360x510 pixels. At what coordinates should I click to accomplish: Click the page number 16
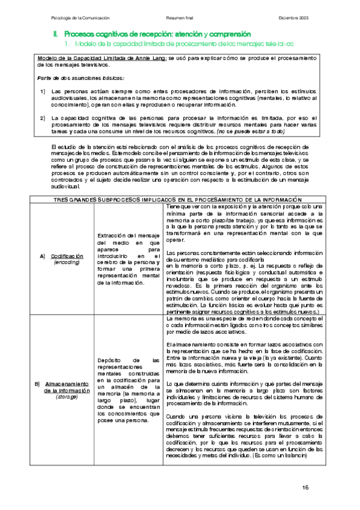pos(305,487)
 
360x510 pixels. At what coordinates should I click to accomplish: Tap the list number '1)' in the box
pos(43,91)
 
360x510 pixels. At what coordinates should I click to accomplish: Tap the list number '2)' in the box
pos(43,117)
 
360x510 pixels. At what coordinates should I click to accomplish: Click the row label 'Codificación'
pos(66,256)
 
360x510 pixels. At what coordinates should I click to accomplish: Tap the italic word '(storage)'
pos(66,397)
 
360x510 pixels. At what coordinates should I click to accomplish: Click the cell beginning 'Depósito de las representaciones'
pos(128,390)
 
